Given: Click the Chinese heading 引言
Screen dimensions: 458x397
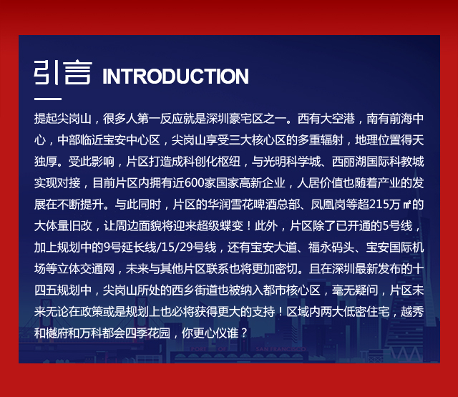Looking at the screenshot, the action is pyautogui.click(x=63, y=72).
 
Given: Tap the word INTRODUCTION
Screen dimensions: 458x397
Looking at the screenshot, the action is pyautogui.click(x=175, y=77).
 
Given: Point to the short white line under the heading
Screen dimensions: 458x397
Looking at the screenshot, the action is pyautogui.click(x=48, y=99).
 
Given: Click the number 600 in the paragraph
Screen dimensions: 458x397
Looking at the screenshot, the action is pyautogui.click(x=194, y=183).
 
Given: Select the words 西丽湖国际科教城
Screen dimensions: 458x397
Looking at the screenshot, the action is pyautogui.click(x=378, y=162).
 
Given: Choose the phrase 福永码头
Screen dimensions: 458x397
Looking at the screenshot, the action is pyautogui.click(x=331, y=247).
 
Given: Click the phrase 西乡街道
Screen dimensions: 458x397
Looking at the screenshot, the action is pyautogui.click(x=195, y=290).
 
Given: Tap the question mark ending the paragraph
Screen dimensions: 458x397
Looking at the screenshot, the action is pyautogui.click(x=244, y=333).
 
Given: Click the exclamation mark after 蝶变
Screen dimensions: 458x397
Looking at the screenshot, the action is pyautogui.click(x=248, y=226).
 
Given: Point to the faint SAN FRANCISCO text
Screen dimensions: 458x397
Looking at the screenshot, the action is pyautogui.click(x=281, y=349).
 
